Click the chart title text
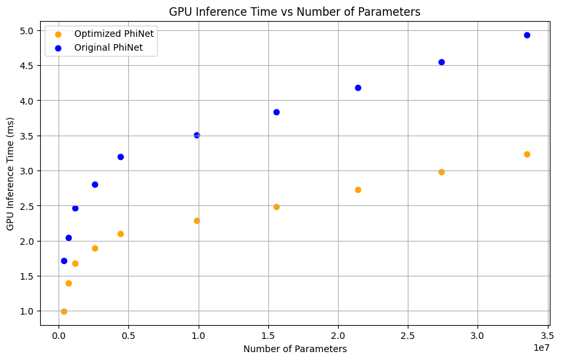coord(294,11)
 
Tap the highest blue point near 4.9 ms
coord(527,35)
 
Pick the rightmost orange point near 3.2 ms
coord(527,154)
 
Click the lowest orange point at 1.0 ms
coord(64,311)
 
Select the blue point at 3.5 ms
coord(197,135)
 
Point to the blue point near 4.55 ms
coord(441,62)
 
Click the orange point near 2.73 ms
coord(358,190)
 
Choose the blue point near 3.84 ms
coord(276,112)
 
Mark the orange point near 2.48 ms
coord(276,207)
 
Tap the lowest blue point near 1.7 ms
coord(64,261)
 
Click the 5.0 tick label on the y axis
coord(29,31)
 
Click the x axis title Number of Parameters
coord(295,349)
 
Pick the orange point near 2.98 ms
coord(441,172)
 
